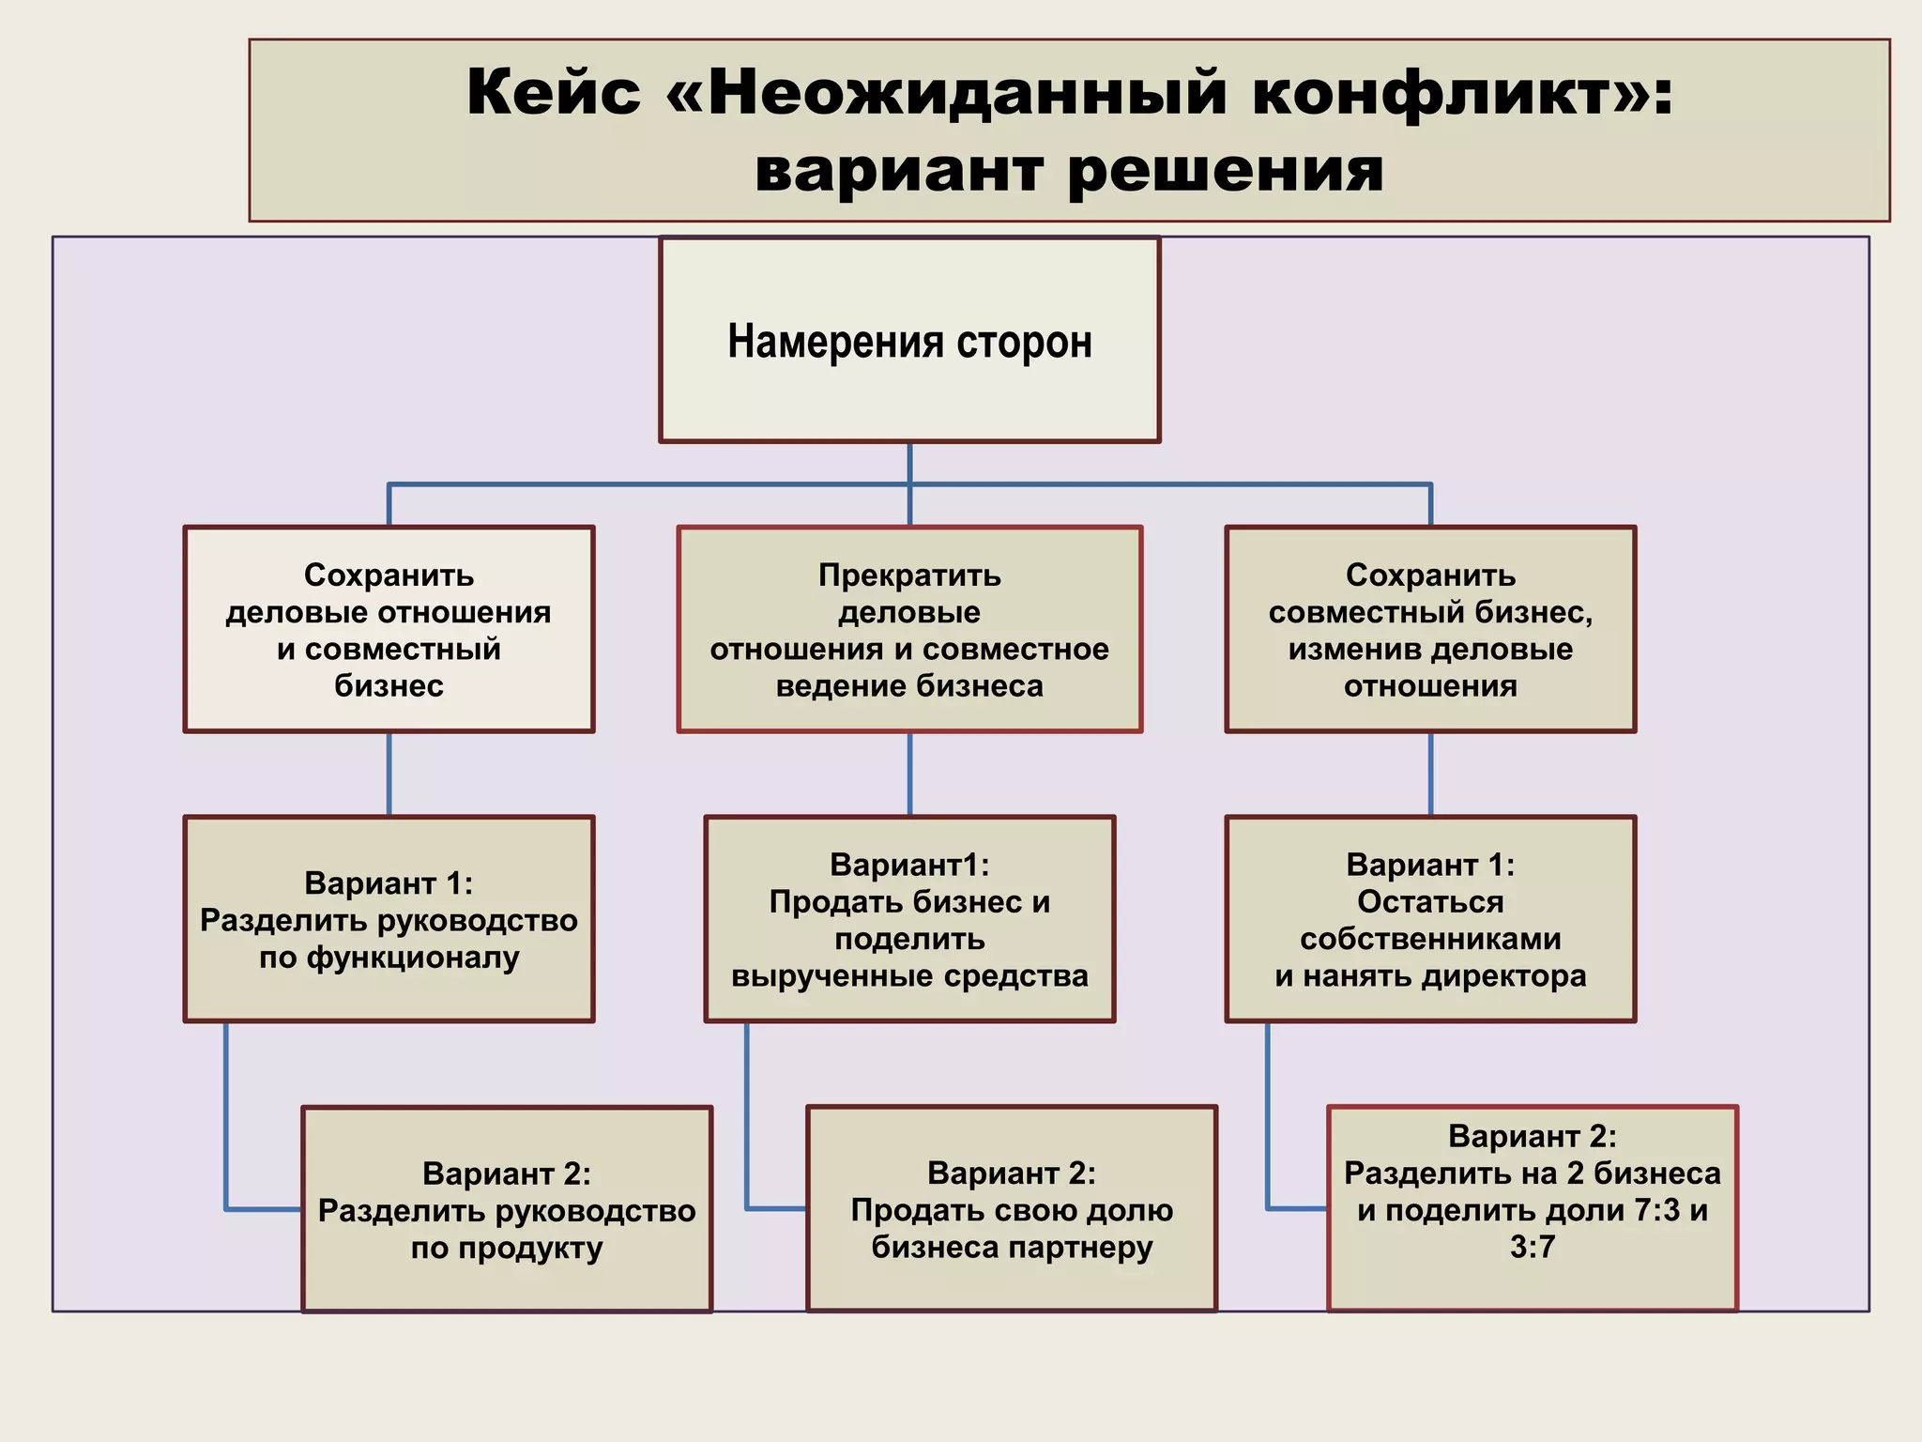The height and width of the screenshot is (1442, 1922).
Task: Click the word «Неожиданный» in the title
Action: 967,93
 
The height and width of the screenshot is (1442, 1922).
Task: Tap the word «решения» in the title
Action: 1225,171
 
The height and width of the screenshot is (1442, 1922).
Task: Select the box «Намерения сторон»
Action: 909,340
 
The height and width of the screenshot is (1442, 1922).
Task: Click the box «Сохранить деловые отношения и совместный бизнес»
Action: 389,629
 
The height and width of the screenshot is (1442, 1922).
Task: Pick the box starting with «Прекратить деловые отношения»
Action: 909,629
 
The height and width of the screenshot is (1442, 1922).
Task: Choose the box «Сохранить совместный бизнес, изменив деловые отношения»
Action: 1430,629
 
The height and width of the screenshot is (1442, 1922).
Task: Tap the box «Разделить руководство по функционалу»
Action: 389,919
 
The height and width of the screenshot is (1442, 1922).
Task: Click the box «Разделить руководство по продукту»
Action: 507,1209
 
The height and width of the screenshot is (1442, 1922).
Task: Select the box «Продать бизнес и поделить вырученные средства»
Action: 909,919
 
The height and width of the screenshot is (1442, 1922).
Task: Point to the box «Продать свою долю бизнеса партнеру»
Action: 1012,1209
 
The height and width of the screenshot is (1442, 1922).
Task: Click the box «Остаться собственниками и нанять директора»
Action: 1430,919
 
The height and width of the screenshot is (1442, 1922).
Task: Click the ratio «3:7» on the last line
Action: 1533,1247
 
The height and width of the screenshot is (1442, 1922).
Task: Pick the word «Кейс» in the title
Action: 554,93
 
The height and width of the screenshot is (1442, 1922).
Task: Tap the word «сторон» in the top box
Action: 1024,341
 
